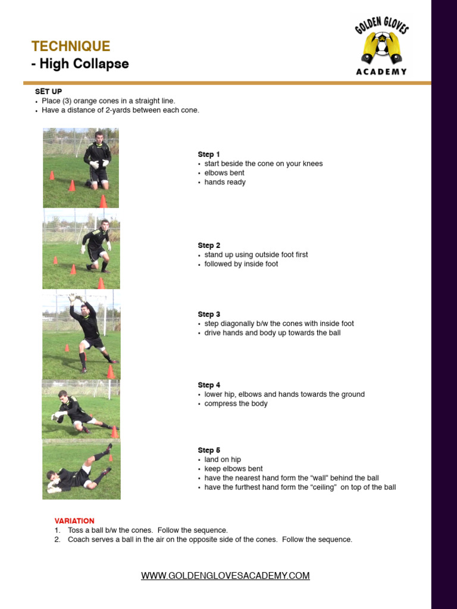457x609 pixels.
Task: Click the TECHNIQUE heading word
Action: tap(70, 46)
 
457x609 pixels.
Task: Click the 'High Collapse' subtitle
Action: tap(80, 64)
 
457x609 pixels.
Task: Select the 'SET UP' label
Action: tap(48, 92)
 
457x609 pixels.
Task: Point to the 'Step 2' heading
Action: tap(209, 246)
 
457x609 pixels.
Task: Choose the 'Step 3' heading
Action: tap(209, 315)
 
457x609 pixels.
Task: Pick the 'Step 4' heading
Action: tap(209, 385)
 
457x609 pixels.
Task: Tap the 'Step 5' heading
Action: tap(209, 451)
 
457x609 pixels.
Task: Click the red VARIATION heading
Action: tap(74, 521)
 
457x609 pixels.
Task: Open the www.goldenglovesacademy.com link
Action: tap(225, 576)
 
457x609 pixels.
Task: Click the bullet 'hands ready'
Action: tap(224, 183)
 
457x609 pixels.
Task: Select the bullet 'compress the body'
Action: tap(236, 404)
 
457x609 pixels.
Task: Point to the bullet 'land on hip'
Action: tap(223, 460)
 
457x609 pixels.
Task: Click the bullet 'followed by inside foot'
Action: tap(241, 264)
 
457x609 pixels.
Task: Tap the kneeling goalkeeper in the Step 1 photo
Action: tap(97, 159)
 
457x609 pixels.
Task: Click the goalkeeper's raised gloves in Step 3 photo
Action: tap(74, 299)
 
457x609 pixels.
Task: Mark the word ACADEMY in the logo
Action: tap(381, 72)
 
